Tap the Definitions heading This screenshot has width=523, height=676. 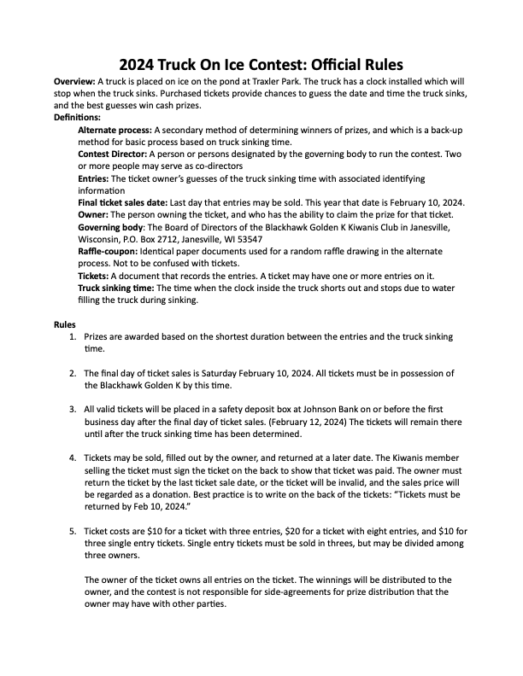tap(77, 116)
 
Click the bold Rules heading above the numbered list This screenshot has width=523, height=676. tap(64, 326)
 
